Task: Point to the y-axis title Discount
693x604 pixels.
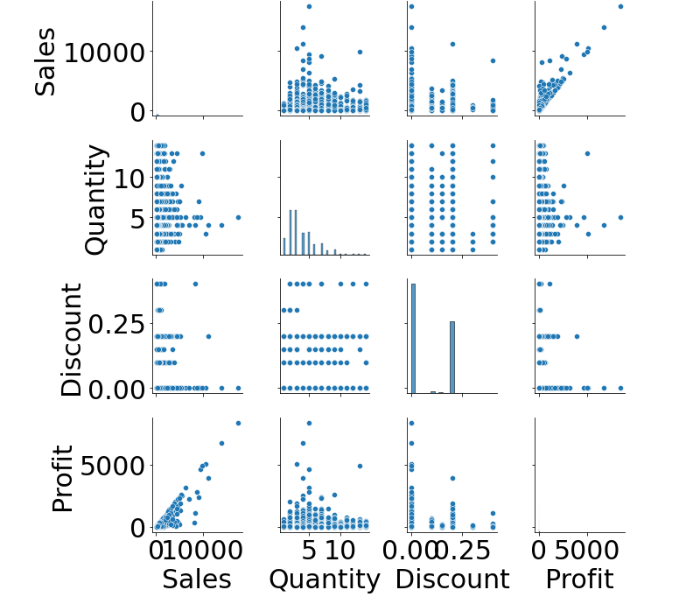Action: pyautogui.click(x=73, y=339)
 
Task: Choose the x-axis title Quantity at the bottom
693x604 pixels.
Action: pyautogui.click(x=325, y=579)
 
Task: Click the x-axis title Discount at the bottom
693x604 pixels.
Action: pyautogui.click(x=452, y=579)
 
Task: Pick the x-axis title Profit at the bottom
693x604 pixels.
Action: pyautogui.click(x=579, y=579)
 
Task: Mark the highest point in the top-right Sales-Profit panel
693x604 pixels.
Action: pyautogui.click(x=620, y=6)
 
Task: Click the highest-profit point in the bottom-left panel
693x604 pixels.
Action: pyautogui.click(x=238, y=423)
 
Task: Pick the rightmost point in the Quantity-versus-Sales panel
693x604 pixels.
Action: pyautogui.click(x=238, y=217)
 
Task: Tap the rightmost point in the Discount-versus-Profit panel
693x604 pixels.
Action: pyautogui.click(x=620, y=388)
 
